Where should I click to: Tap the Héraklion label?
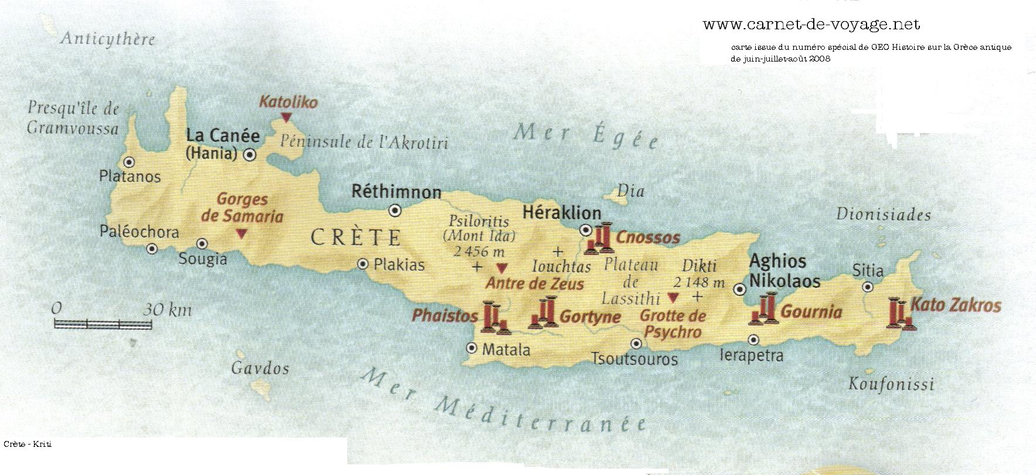(562, 212)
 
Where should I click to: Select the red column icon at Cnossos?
(600, 238)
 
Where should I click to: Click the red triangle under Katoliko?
(286, 118)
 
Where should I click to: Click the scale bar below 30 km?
(103, 323)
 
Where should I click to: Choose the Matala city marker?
(472, 348)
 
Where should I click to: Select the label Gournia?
(812, 312)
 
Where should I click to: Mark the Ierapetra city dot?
(754, 339)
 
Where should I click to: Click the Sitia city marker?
(868, 287)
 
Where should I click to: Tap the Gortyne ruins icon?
(544, 313)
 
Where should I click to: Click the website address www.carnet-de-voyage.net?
(811, 25)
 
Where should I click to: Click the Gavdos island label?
(260, 369)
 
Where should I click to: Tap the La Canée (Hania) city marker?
(250, 155)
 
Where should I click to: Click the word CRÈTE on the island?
(355, 238)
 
